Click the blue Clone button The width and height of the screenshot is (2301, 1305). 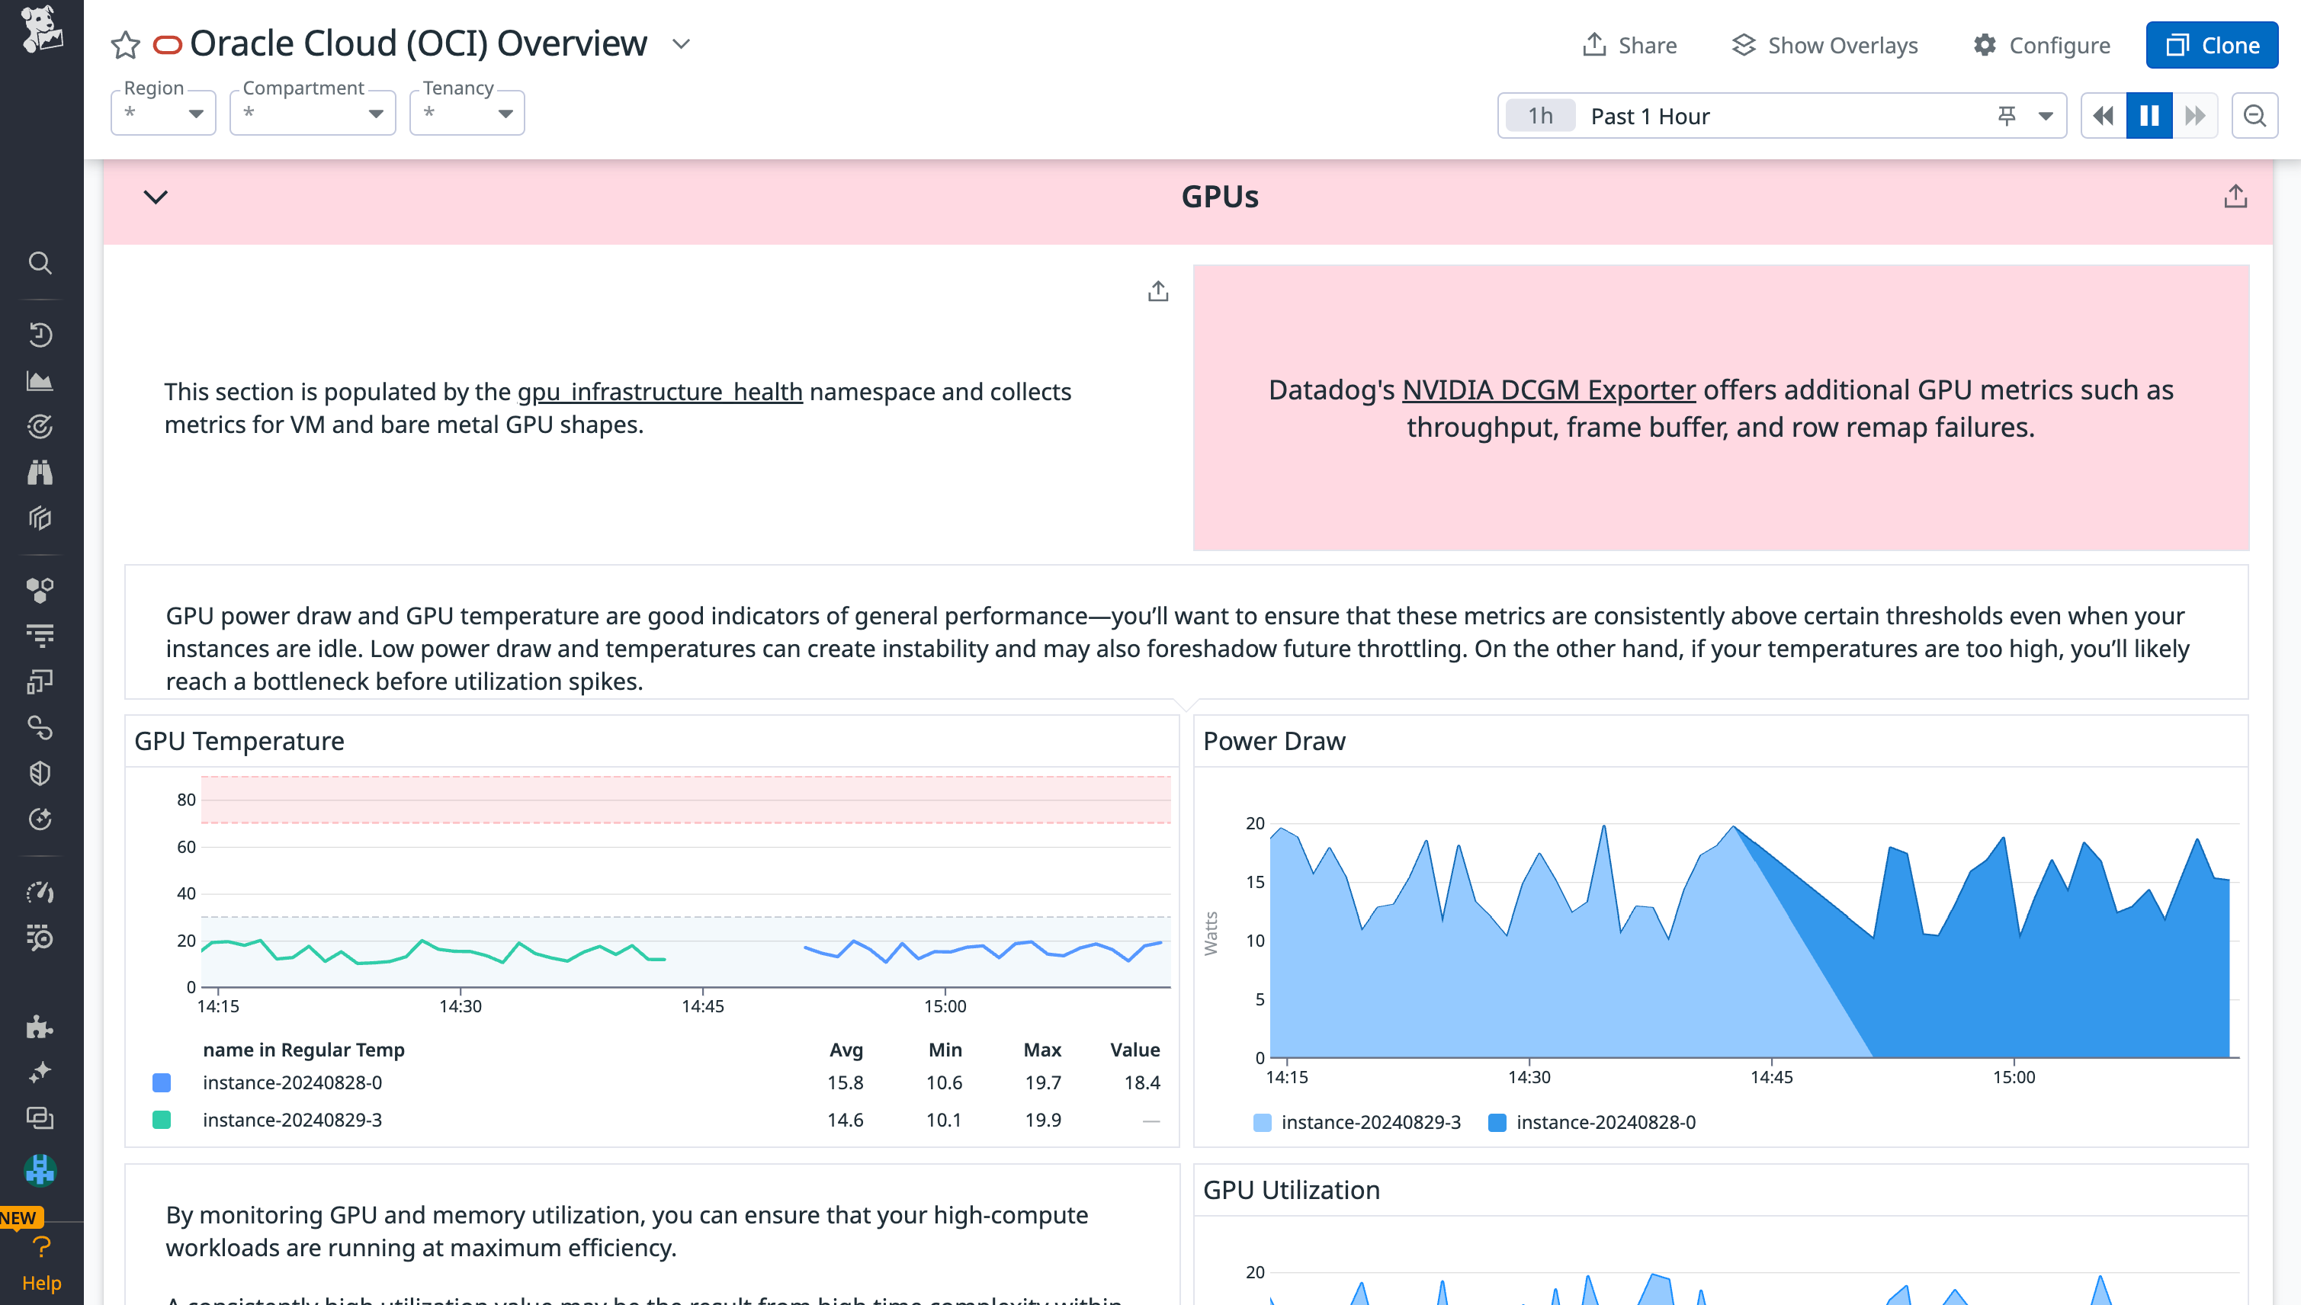pos(2210,45)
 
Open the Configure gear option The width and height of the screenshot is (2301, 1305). pos(2041,45)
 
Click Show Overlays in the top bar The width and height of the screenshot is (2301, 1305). pos(1824,45)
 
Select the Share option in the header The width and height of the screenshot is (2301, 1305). pos(1629,45)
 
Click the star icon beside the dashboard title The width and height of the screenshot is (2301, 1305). pos(126,45)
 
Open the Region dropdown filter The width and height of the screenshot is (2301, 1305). pos(163,113)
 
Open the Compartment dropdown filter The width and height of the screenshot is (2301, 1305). pos(312,113)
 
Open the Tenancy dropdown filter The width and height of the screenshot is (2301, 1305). pos(466,113)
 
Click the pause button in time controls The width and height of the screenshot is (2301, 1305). pos(2149,116)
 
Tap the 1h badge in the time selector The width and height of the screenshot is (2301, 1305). pos(1539,116)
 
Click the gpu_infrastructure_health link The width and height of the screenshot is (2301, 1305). pos(659,392)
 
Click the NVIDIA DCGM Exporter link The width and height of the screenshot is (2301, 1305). pos(1548,390)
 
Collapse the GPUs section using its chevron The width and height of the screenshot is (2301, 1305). pos(156,197)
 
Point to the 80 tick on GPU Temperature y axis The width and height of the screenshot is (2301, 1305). pos(185,800)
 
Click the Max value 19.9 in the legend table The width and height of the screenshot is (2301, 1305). pos(1042,1120)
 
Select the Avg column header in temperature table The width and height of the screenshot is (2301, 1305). pos(846,1050)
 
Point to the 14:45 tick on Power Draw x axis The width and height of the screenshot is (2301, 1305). pos(1771,1076)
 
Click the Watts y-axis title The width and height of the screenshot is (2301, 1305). pos(1210,933)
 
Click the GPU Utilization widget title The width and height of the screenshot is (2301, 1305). pos(1291,1189)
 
